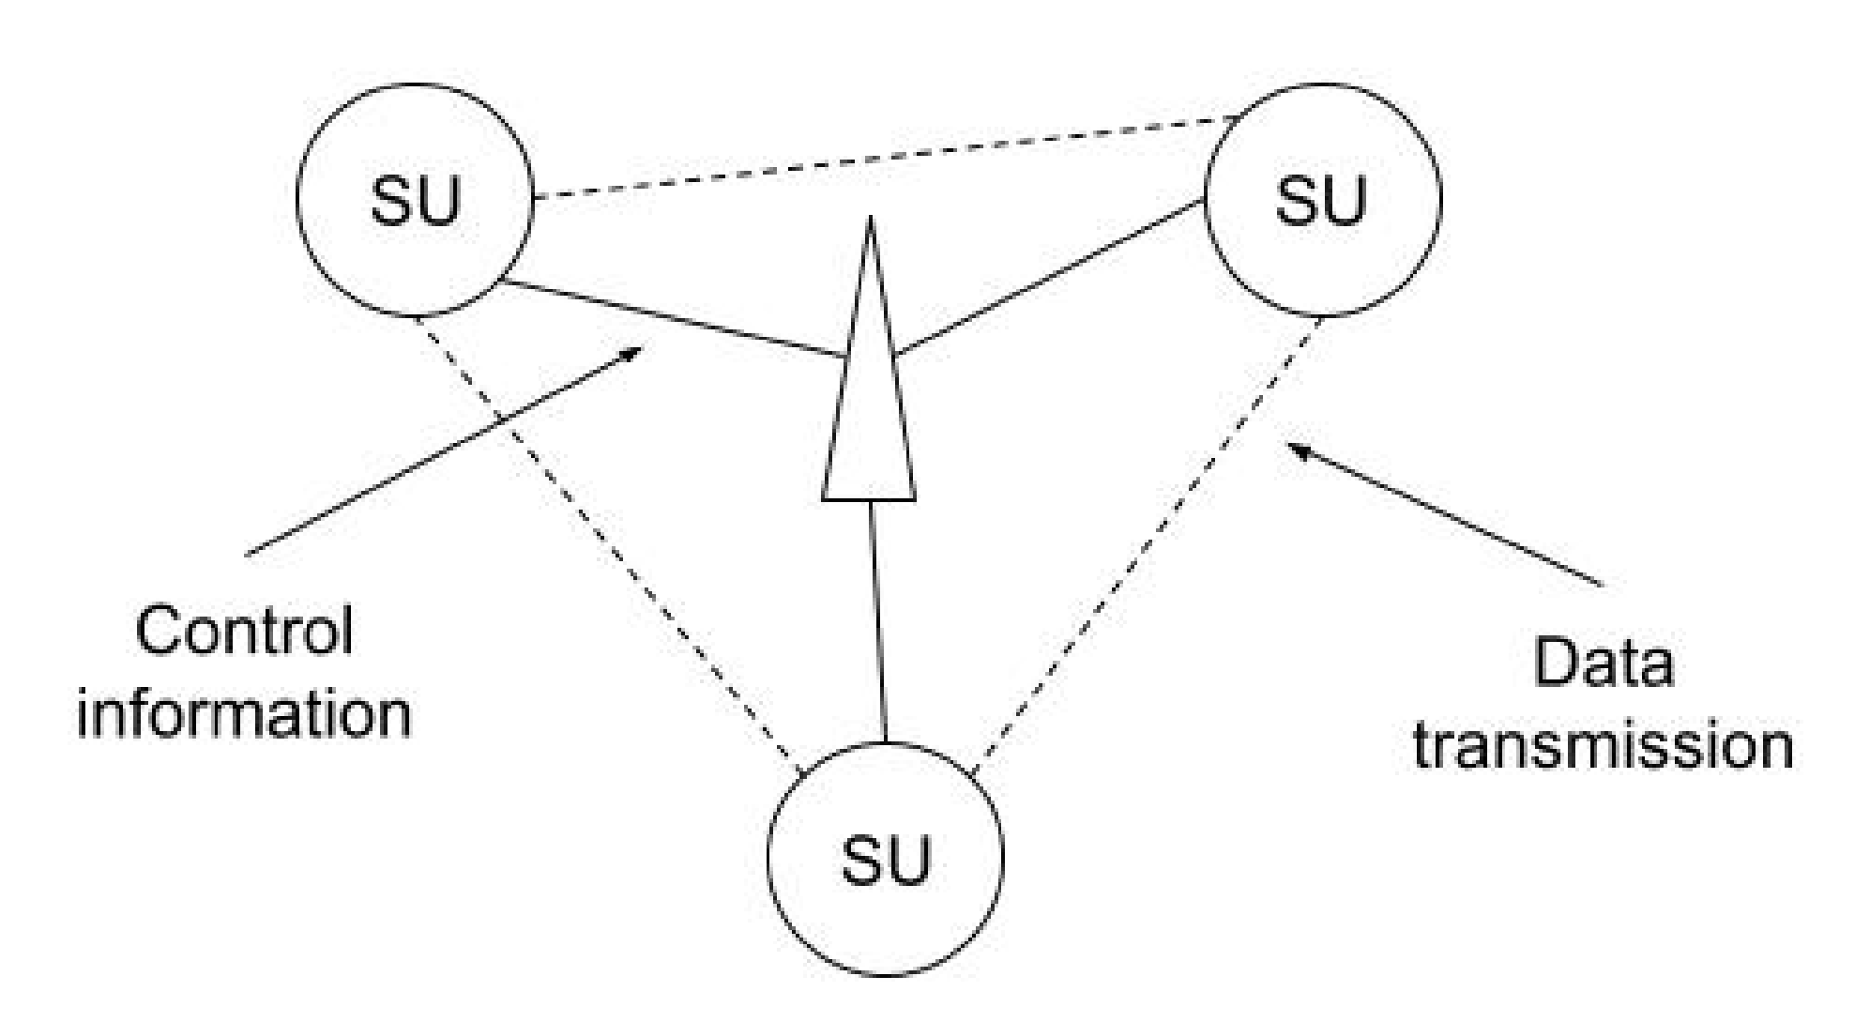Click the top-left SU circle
pos(414,199)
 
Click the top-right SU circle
pos(1322,199)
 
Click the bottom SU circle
pos(885,859)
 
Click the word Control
pos(244,631)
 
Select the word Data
pos(1603,664)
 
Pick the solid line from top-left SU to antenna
pos(671,320)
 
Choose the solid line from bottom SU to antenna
pos(878,619)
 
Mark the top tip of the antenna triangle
pos(871,221)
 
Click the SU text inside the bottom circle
pos(885,861)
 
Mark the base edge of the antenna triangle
pos(869,498)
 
